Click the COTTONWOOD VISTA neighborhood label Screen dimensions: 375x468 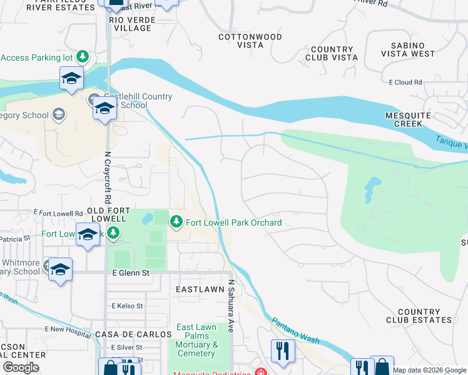250,41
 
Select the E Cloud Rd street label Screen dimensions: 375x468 405,82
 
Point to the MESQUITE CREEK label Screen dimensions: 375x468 408,120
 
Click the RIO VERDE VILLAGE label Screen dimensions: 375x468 130,24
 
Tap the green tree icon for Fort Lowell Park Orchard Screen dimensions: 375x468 176,222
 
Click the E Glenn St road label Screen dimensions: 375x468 131,273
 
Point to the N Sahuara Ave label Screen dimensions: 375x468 230,306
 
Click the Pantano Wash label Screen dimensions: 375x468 296,331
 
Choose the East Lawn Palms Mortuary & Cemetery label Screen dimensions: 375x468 196,340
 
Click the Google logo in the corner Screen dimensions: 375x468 21,367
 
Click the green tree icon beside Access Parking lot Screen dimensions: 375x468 82,57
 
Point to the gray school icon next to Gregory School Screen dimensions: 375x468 58,114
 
